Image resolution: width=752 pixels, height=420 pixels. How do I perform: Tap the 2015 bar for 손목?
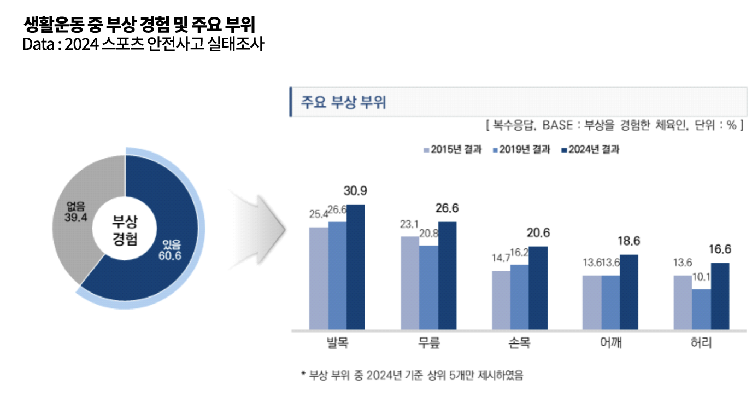pyautogui.click(x=501, y=300)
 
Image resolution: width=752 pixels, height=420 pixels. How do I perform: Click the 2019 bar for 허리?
pyautogui.click(x=701, y=309)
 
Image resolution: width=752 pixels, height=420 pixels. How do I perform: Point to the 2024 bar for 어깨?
pyautogui.click(x=629, y=292)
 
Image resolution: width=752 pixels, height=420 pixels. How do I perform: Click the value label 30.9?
pyautogui.click(x=355, y=191)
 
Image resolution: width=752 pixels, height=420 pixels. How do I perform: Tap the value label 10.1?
pyautogui.click(x=701, y=277)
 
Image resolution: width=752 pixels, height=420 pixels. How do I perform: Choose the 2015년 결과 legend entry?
pyautogui.click(x=452, y=150)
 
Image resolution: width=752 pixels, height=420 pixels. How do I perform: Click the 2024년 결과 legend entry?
pyautogui.click(x=590, y=150)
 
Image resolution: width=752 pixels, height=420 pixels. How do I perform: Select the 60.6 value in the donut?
pyautogui.click(x=170, y=256)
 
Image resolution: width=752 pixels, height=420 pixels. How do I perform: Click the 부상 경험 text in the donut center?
pyautogui.click(x=125, y=230)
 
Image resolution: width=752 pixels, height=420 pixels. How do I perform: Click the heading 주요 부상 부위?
pyautogui.click(x=343, y=102)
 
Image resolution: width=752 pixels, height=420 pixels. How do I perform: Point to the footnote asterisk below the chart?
pyautogui.click(x=303, y=375)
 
